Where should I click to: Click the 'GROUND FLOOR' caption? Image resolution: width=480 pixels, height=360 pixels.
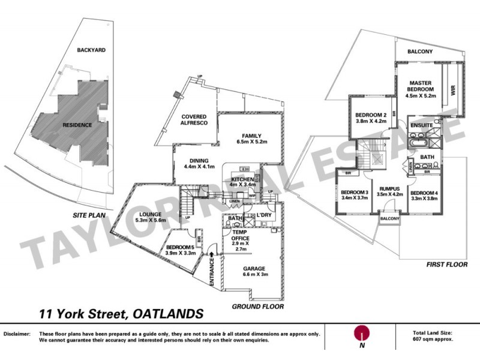tap(257, 306)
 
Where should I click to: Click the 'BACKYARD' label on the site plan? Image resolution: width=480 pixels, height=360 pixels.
tap(91, 50)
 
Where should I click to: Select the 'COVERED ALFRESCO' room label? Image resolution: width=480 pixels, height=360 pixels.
tap(190, 120)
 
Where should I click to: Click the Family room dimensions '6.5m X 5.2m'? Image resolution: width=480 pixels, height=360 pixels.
tap(251, 142)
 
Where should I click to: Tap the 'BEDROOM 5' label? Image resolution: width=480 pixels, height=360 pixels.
tap(180, 247)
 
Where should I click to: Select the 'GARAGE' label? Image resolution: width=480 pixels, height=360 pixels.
tap(253, 269)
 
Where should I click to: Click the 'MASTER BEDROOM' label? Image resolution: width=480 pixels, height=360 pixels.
tap(422, 86)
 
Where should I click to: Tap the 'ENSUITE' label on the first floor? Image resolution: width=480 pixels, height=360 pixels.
tap(422, 125)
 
